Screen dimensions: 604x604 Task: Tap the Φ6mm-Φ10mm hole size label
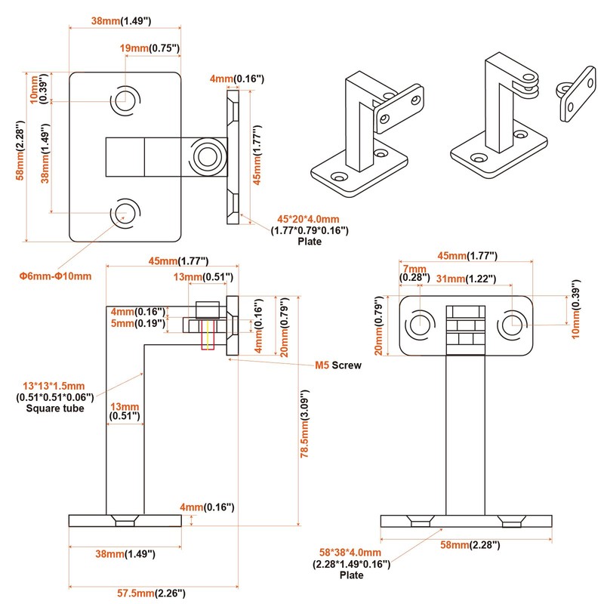[55, 276]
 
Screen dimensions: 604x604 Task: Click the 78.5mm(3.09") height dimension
[304, 428]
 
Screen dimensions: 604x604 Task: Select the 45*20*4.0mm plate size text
[310, 220]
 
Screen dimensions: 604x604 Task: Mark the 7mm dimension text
[414, 269]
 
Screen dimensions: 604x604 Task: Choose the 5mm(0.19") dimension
[138, 324]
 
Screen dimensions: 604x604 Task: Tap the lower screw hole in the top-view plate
[125, 212]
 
